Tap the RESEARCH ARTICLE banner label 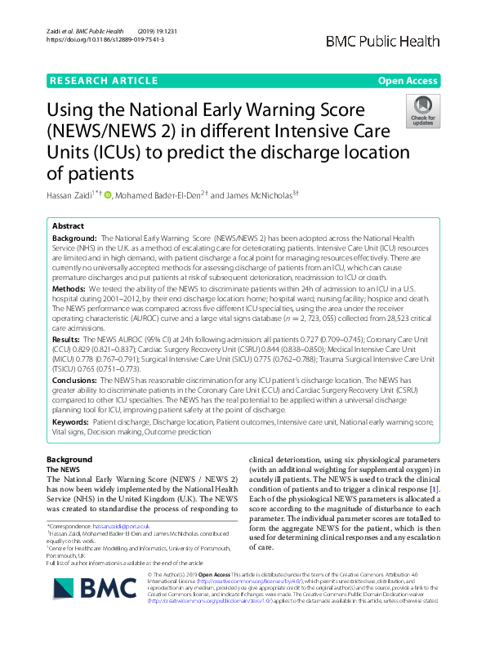tap(104, 80)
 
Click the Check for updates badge tap(422, 114)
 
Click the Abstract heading tap(68, 225)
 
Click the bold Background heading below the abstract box tap(69, 459)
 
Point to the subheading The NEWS tap(62, 470)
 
